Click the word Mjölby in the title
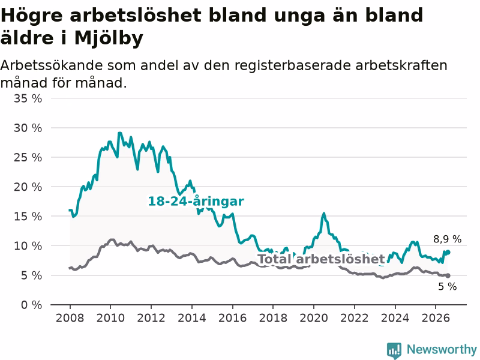pos(109,38)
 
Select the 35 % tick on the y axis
pos(28,98)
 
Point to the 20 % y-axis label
pos(28,187)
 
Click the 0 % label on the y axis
pos(32,305)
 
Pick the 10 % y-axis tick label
pos(28,246)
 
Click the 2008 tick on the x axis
pos(70,318)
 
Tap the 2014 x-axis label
pos(191,318)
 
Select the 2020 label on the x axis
pos(314,318)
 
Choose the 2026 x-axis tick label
pos(436,318)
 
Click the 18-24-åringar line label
pos(196,202)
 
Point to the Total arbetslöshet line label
pos(322,259)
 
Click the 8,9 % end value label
pos(447,239)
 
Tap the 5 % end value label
pos(448,287)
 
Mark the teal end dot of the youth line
pos(448,252)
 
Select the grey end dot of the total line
pos(448,275)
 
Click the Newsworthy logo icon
pos(394,350)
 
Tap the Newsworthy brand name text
pos(442,349)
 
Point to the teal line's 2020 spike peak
pos(323,214)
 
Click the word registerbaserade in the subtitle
pos(293,65)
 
